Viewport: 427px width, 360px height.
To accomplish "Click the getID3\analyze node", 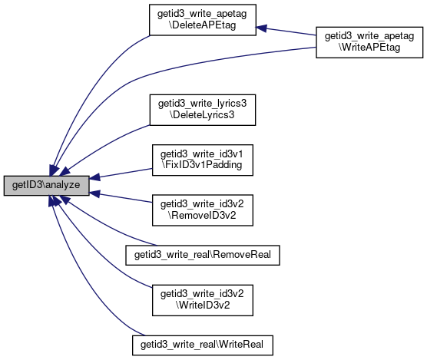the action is pos(46,185).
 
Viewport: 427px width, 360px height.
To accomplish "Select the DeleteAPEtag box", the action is pos(202,20).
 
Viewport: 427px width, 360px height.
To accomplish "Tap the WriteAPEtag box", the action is pos(369,42).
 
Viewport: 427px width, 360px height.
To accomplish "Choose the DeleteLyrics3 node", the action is pos(202,110).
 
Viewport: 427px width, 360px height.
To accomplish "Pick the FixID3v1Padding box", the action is pos(202,160).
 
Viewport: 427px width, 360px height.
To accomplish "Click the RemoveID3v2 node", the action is pos(202,210).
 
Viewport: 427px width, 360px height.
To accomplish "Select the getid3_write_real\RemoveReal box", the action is pos(202,255).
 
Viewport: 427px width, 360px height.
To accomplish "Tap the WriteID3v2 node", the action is pos(202,300).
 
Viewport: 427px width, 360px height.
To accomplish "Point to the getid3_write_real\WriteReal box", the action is pos(202,345).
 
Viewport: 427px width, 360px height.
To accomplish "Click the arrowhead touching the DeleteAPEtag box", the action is pos(260,28).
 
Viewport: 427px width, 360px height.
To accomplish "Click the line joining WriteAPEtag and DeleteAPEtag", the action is pos(286,31).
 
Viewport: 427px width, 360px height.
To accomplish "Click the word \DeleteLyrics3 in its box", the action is pos(202,115).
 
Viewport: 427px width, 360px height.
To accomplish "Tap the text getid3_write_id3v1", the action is pos(201,154).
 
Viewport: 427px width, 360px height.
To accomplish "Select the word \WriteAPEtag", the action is pos(369,47).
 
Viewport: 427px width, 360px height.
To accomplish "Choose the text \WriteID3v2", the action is pos(203,305).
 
